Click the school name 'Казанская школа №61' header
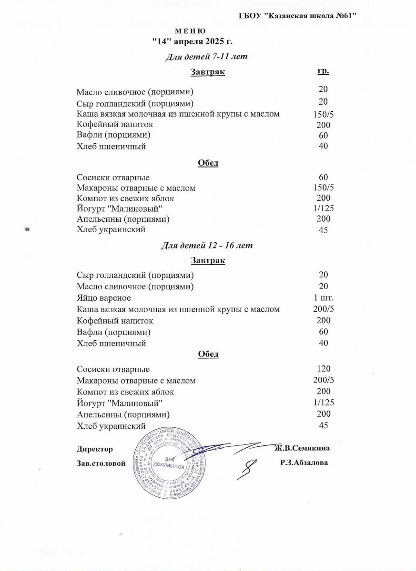click(298, 16)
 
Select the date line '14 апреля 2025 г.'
click(192, 42)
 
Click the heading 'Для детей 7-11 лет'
click(206, 57)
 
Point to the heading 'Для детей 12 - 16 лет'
click(206, 246)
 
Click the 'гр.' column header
click(323, 71)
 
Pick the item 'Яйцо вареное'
click(104, 298)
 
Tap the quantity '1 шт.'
click(324, 298)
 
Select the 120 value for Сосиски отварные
click(324, 369)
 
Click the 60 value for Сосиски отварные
click(324, 177)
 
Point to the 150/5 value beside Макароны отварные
click(324, 188)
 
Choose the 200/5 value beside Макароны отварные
click(324, 380)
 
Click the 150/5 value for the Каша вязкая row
click(324, 114)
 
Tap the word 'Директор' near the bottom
click(95, 449)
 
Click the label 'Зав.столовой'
click(101, 463)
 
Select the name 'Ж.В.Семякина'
click(302, 448)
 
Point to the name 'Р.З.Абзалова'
click(304, 463)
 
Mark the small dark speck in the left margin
click(27, 229)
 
